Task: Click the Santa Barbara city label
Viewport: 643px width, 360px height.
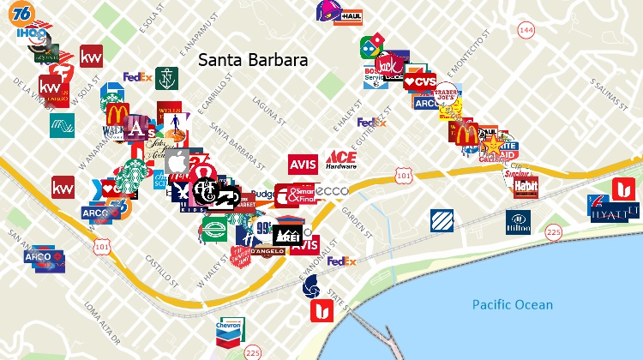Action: [x=253, y=61]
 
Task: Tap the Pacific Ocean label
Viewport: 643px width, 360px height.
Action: [x=513, y=304]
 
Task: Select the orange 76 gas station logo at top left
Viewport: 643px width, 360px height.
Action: [x=24, y=13]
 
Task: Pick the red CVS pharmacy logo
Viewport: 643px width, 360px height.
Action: [x=420, y=82]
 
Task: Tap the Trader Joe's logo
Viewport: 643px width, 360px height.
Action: [x=448, y=95]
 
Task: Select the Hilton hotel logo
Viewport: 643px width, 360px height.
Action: [x=518, y=222]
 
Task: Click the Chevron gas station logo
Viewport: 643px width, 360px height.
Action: [x=229, y=329]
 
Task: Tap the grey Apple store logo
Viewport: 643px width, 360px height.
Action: [x=177, y=161]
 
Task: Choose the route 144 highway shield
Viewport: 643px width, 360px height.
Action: [x=525, y=30]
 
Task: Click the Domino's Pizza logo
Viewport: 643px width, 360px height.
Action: [x=372, y=48]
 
